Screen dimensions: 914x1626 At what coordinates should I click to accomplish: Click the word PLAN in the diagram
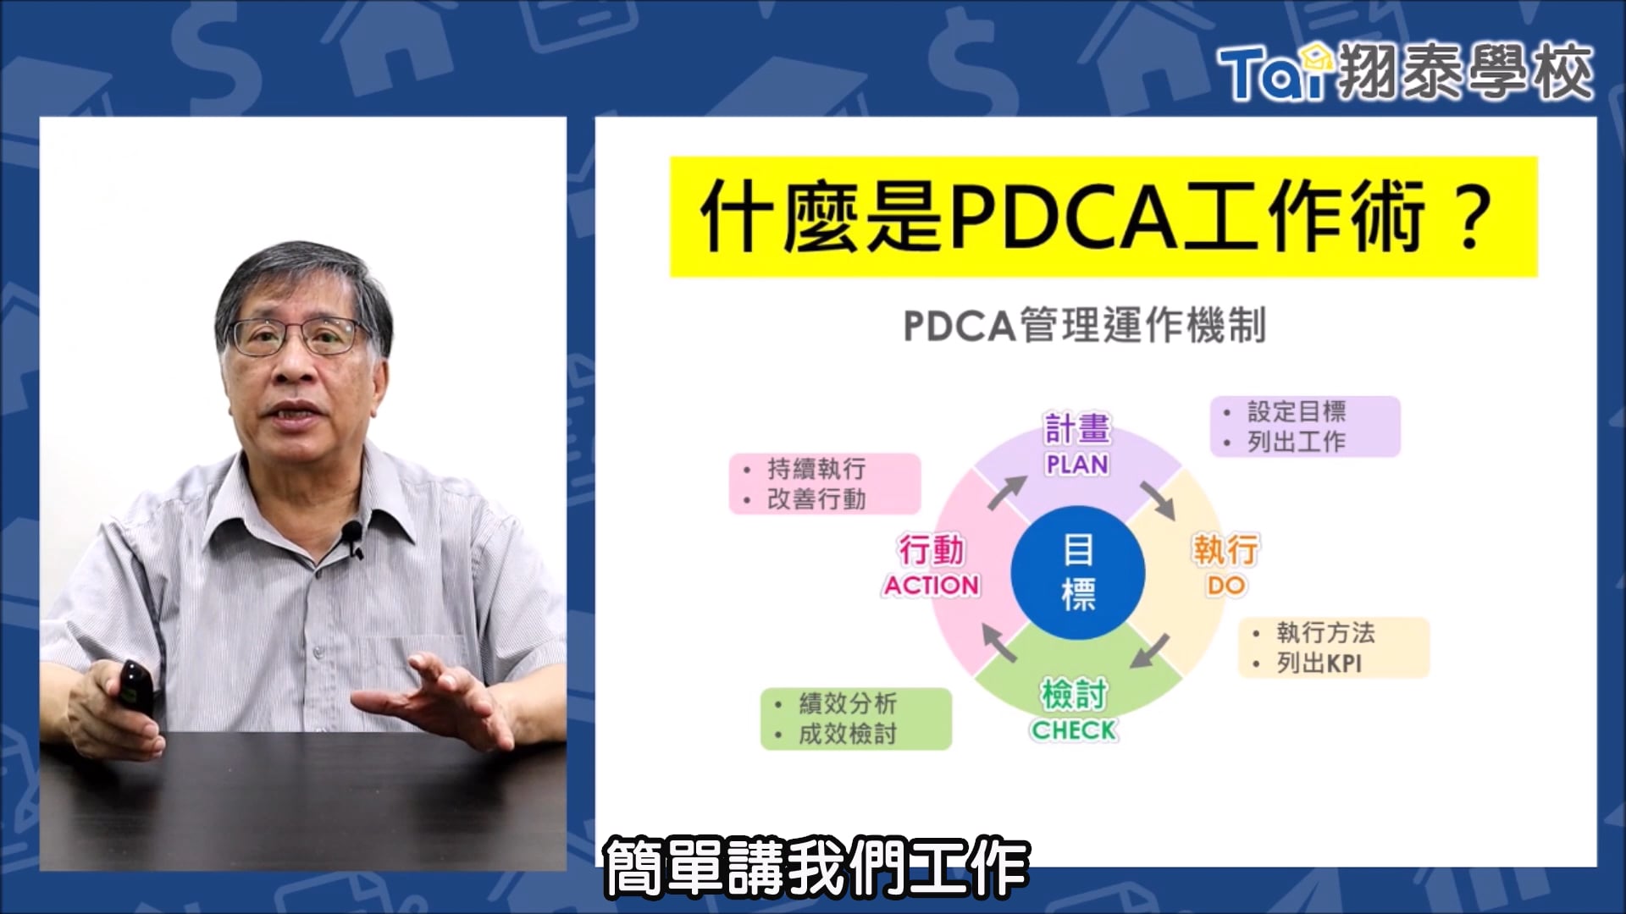[1076, 465]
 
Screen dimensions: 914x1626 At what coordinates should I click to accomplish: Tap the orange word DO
[1225, 586]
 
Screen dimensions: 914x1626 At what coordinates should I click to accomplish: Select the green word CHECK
[1073, 730]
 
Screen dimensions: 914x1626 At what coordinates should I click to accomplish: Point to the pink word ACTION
[932, 586]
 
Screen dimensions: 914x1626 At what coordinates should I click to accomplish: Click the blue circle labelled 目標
[1077, 572]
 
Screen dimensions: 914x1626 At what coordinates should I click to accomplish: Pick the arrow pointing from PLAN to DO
[1158, 500]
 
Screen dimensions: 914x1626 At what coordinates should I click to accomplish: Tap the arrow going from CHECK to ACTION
[998, 642]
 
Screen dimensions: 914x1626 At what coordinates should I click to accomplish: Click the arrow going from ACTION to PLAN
[1006, 492]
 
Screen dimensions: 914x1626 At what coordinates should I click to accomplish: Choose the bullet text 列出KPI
[1319, 663]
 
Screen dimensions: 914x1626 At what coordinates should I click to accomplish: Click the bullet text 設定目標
[1296, 412]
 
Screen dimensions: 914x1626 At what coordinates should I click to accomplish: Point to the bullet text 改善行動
[816, 499]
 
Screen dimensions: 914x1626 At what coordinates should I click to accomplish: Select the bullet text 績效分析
[847, 703]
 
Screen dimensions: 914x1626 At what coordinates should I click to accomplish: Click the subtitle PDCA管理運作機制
[1084, 326]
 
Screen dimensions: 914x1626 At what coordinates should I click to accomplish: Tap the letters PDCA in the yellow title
[1063, 217]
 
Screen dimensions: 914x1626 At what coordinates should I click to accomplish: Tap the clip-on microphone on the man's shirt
[352, 536]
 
